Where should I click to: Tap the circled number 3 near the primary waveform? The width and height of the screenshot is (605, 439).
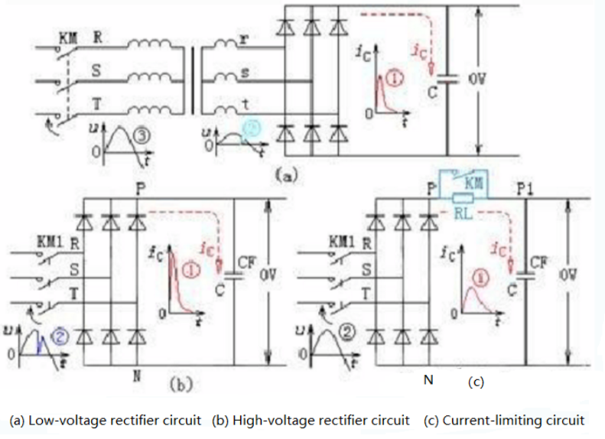(x=143, y=136)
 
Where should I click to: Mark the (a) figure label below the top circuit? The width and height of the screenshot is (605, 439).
(x=285, y=175)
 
